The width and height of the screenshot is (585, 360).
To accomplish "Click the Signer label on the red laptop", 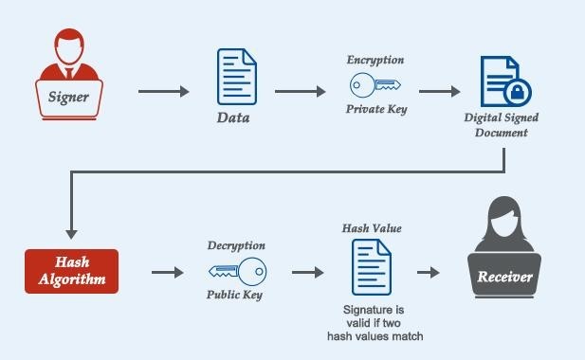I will click(x=69, y=97).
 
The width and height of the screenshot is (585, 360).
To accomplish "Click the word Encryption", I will click(x=375, y=60).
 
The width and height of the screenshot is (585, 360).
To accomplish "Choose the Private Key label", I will click(x=375, y=110).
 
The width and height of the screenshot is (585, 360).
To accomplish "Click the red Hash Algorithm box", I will click(x=72, y=273).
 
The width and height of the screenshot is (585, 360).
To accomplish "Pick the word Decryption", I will click(x=236, y=245).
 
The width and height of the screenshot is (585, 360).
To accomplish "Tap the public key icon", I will click(x=236, y=272).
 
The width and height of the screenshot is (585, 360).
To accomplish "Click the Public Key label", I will click(x=236, y=296).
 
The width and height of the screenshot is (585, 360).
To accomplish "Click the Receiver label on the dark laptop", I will click(x=505, y=279).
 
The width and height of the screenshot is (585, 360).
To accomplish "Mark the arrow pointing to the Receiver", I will click(x=429, y=273).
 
